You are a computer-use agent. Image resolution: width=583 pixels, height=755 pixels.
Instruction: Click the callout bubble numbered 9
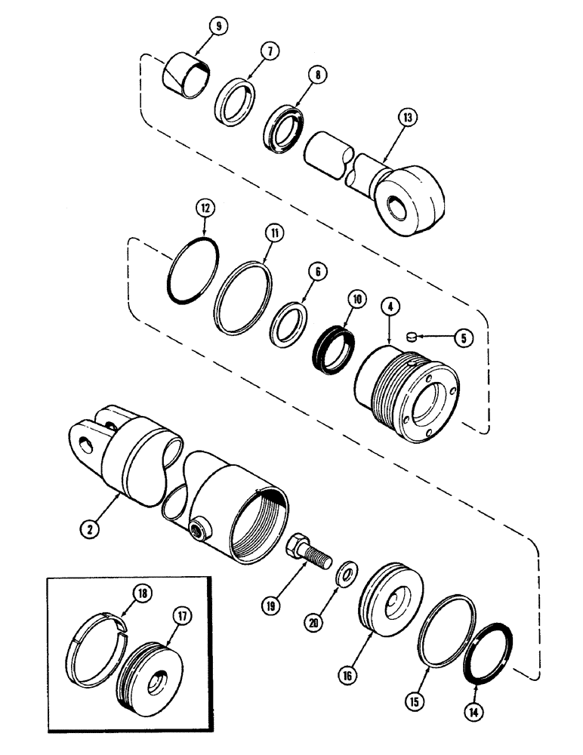pos(218,28)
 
